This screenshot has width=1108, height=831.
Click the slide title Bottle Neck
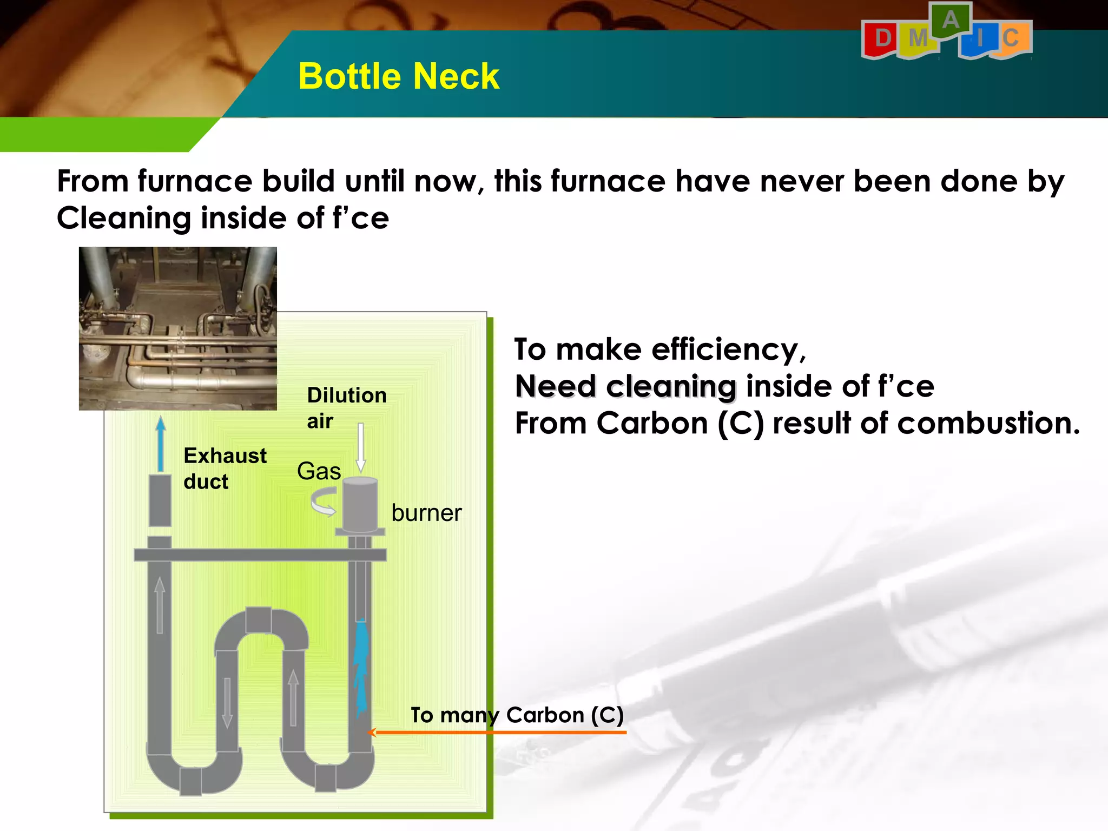(398, 76)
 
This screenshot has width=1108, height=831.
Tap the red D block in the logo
(882, 39)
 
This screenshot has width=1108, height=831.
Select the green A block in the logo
(951, 21)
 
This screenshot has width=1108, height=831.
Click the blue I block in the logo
(979, 41)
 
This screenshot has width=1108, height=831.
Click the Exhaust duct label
(225, 469)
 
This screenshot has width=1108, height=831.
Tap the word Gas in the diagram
(319, 471)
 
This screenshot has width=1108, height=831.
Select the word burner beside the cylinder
(426, 513)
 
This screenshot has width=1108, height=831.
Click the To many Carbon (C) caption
(517, 715)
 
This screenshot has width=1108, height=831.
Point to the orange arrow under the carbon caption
(498, 733)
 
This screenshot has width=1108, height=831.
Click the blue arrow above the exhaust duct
(160, 444)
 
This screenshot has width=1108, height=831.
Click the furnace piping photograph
(178, 328)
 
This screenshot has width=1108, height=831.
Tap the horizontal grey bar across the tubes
(260, 555)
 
